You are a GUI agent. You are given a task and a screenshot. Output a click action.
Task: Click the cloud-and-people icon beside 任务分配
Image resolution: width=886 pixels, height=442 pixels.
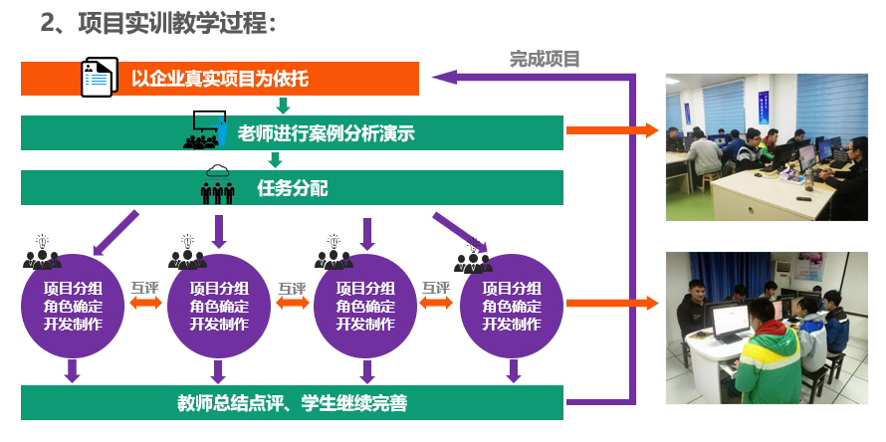click(x=218, y=185)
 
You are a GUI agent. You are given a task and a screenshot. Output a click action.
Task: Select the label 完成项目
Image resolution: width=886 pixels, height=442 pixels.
click(x=544, y=59)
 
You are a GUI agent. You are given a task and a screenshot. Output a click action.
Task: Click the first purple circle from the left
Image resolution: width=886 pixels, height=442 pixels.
click(x=72, y=307)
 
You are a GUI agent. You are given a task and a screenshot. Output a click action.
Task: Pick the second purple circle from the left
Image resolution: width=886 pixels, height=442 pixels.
click(x=219, y=307)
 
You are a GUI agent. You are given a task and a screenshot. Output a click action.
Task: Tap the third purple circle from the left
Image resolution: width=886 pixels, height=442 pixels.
click(x=364, y=307)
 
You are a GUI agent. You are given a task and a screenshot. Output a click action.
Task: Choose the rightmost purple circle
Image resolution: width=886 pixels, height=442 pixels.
click(x=512, y=307)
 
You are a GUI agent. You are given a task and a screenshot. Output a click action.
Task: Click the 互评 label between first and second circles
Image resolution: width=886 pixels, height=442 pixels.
click(x=145, y=289)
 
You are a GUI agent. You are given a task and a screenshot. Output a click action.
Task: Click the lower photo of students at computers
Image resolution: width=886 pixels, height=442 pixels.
click(x=767, y=326)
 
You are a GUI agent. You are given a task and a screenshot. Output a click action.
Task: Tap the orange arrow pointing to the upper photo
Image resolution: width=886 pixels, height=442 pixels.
click(x=612, y=130)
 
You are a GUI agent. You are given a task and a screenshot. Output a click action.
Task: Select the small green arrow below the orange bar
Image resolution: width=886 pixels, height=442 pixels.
click(x=283, y=106)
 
